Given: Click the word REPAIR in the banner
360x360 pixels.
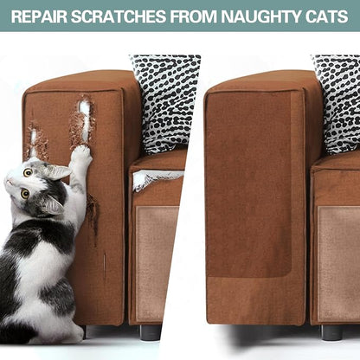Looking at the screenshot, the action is click(x=39, y=16).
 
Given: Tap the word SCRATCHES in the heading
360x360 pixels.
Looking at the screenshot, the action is click(x=119, y=16).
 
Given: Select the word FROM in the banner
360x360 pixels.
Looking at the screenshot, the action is click(x=193, y=16).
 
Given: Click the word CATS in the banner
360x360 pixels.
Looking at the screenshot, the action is click(x=327, y=16).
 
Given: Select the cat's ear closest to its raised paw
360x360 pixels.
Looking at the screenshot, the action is click(x=58, y=171).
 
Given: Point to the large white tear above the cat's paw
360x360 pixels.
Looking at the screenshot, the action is click(x=84, y=119).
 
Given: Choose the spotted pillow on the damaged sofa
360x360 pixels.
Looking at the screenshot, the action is click(x=164, y=102).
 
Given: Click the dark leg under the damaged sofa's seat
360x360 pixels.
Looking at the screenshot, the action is click(x=150, y=331).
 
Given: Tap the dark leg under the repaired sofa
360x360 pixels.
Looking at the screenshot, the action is click(x=331, y=332).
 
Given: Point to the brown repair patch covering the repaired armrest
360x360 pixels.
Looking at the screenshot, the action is click(x=249, y=184).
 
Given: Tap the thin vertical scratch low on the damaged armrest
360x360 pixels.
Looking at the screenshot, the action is click(x=105, y=267).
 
